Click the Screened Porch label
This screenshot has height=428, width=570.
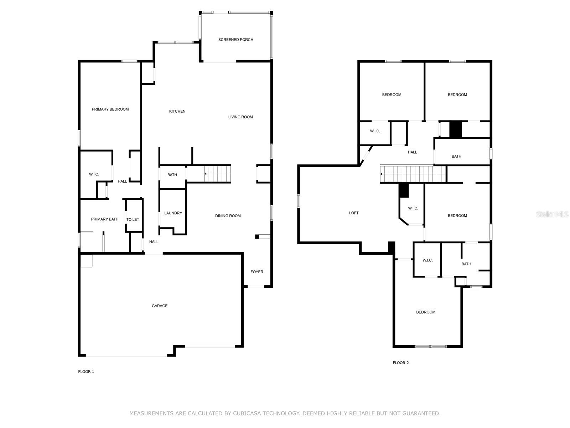[235, 40]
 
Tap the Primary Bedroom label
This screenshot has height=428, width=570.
[110, 109]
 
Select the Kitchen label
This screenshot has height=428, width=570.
[177, 111]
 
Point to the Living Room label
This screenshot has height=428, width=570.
[240, 117]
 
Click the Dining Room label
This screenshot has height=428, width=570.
[228, 216]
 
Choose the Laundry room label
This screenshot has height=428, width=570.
[173, 213]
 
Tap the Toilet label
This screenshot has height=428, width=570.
[133, 219]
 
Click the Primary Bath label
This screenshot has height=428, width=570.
[105, 219]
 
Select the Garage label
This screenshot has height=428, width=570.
[160, 306]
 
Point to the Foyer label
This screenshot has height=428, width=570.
[257, 272]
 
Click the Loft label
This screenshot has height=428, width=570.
[354, 213]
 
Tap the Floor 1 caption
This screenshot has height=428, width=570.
[86, 372]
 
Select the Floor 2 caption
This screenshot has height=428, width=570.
[401, 363]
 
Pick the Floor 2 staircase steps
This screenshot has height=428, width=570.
[413, 174]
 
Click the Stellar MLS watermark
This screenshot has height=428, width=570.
[552, 214]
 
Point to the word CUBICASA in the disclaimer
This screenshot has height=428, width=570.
[247, 413]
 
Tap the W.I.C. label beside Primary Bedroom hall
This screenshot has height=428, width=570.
[94, 174]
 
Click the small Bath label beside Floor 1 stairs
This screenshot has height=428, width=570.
[172, 175]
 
